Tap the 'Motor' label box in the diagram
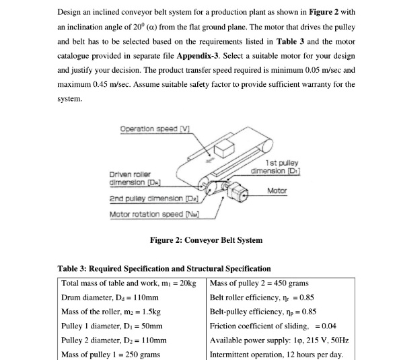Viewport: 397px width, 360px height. tap(277, 190)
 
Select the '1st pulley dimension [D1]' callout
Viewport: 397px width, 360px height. tap(286, 166)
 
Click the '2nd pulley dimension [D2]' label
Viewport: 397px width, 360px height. tap(151, 201)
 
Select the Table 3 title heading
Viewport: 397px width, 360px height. tap(164, 268)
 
